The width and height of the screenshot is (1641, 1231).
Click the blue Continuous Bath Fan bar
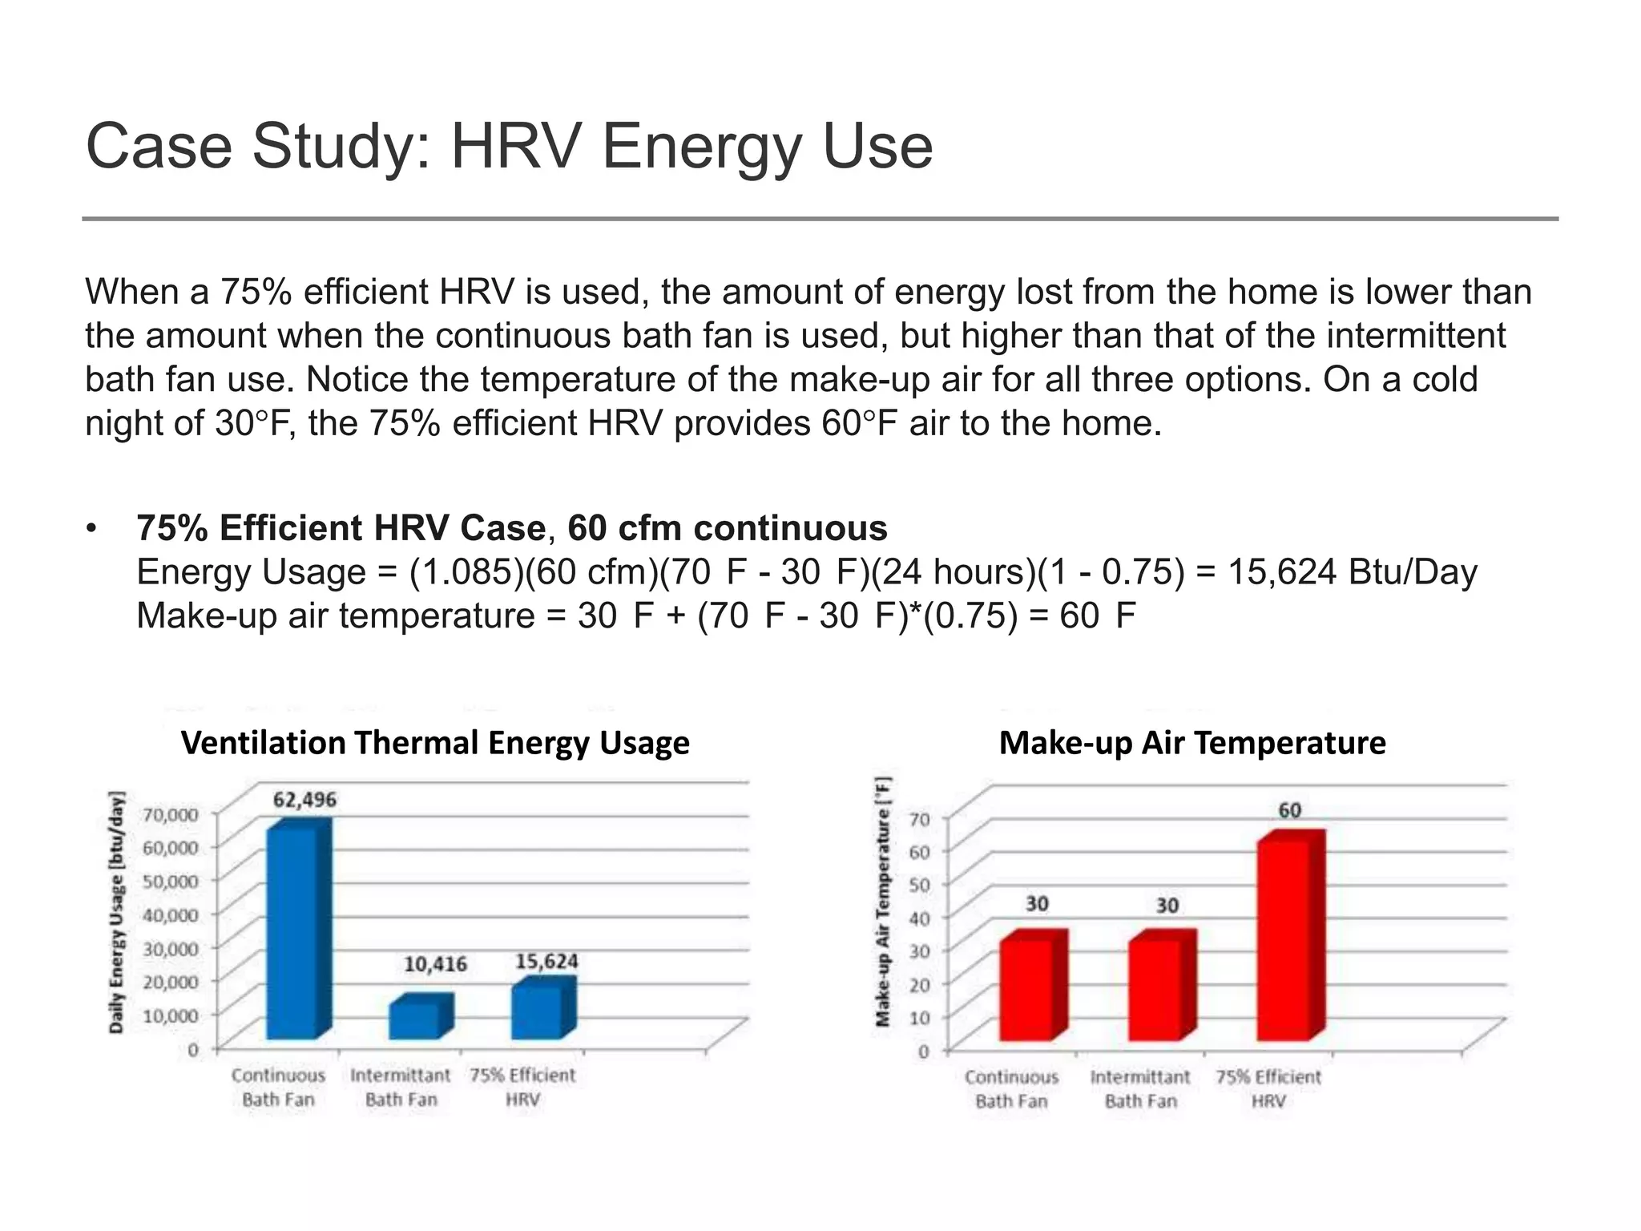292,934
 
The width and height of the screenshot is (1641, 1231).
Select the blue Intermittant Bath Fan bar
415,1019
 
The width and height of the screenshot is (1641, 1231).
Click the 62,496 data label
304,800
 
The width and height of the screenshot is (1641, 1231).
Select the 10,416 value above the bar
435,964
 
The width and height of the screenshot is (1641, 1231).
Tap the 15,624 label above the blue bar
546,961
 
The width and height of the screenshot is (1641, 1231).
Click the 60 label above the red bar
1289,810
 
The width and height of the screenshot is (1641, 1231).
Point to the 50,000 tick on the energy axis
170,881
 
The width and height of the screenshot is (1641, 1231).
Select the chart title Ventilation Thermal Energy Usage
435,743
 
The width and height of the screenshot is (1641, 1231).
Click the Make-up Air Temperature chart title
1192,743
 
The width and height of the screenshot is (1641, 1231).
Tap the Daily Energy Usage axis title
117,912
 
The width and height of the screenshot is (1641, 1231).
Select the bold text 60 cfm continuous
727,528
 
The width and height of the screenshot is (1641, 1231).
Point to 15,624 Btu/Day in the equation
1353,572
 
